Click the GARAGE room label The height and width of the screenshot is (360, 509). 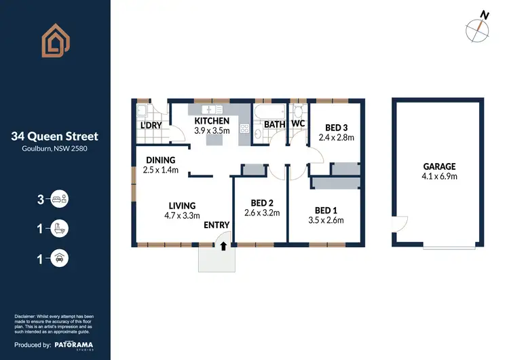click(x=439, y=166)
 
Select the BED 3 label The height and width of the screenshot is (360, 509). click(x=337, y=127)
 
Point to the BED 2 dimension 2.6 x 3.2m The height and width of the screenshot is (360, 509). click(x=262, y=213)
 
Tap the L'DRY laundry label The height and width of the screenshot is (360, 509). click(x=150, y=126)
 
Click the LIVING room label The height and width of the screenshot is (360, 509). click(x=183, y=206)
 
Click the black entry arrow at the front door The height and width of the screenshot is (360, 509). click(x=223, y=248)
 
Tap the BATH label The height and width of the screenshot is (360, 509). click(x=274, y=125)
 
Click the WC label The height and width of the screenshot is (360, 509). click(x=299, y=125)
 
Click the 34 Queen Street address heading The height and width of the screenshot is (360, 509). click(x=55, y=137)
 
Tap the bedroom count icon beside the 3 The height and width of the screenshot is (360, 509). click(x=60, y=200)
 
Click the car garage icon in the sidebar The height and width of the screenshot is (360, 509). click(x=60, y=258)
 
